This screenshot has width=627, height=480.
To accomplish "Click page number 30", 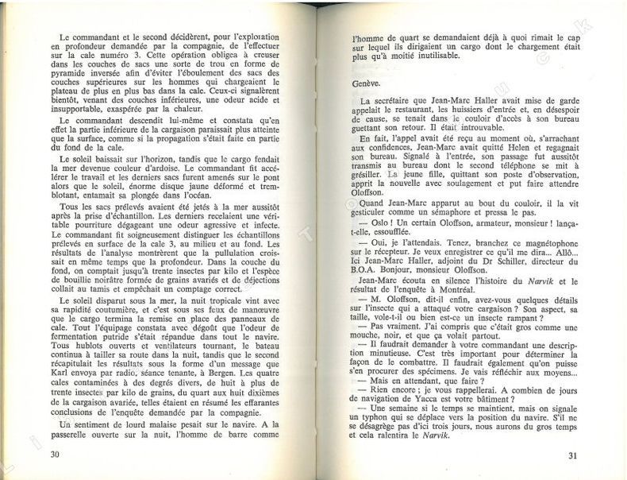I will [55, 455].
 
